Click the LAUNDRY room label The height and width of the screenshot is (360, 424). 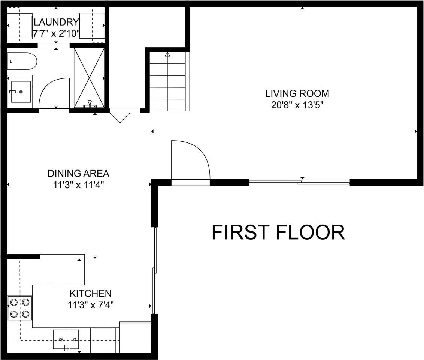56,22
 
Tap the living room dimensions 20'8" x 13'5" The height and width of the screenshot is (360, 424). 297,105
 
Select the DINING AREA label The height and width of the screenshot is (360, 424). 78,174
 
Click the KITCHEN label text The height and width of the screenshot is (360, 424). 90,293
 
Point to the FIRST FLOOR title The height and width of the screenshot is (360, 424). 278,232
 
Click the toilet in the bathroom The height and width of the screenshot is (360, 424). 22,61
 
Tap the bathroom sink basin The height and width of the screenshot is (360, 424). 20,91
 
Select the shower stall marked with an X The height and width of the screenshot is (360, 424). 89,78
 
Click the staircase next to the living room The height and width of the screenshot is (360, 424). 167,81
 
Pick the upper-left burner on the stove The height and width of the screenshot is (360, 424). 14,302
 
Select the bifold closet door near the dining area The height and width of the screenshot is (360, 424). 120,115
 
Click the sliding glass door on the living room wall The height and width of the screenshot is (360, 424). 299,183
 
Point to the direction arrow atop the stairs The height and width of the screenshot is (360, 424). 167,55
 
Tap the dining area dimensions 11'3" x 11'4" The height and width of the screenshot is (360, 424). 78,185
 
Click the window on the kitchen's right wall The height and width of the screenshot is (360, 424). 154,270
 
